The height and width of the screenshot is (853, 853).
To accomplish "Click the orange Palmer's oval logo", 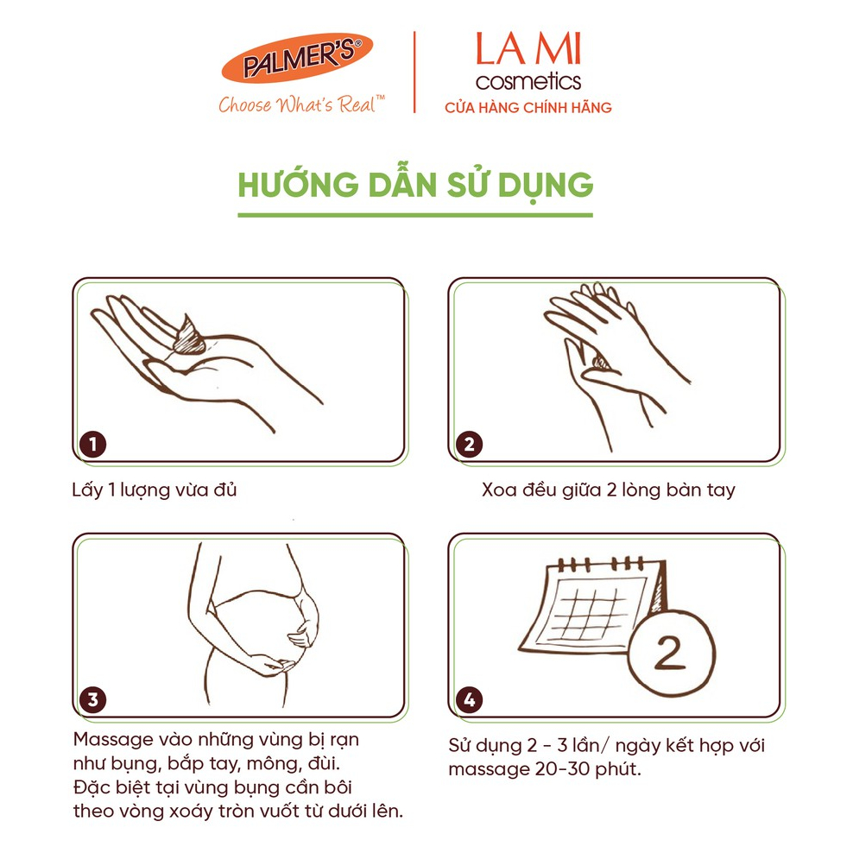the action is pyautogui.click(x=297, y=58).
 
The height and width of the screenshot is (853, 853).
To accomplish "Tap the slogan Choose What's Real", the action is pyautogui.click(x=301, y=104).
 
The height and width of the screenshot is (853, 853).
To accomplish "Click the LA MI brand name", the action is pyautogui.click(x=528, y=49).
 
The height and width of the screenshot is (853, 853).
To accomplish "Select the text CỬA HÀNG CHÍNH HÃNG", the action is pyautogui.click(x=528, y=107).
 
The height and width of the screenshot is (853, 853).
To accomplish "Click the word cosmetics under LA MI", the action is pyautogui.click(x=528, y=82).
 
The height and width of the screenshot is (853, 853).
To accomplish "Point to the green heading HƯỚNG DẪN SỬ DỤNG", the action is pyautogui.click(x=415, y=185).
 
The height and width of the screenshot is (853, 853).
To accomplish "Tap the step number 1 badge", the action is pyautogui.click(x=93, y=444).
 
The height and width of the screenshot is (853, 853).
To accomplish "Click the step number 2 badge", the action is pyautogui.click(x=470, y=444).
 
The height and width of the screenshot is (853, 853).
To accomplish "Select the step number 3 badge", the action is pyautogui.click(x=93, y=699).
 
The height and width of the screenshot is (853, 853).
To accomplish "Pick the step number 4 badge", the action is pyautogui.click(x=470, y=699).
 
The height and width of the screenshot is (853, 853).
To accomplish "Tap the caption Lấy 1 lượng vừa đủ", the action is pyautogui.click(x=154, y=490).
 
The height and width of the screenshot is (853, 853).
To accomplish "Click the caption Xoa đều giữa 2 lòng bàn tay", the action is pyautogui.click(x=608, y=490).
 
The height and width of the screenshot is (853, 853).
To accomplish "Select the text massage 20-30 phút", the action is pyautogui.click(x=545, y=769).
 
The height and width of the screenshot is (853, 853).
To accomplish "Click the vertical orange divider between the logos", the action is pyautogui.click(x=414, y=72).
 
